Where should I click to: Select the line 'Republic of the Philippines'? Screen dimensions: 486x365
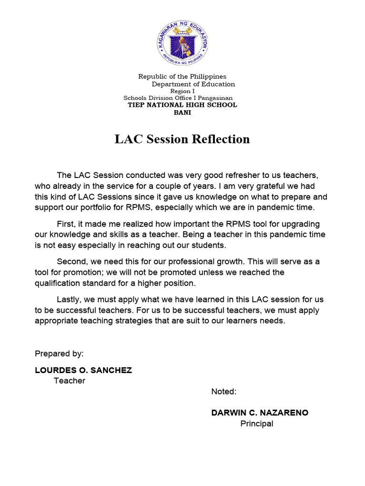point(182,76)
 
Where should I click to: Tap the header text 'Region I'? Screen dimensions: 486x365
point(182,91)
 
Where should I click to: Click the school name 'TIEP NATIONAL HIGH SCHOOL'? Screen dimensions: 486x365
point(182,105)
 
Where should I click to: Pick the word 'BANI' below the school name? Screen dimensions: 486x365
point(182,112)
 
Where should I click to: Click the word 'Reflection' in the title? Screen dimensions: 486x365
point(221,139)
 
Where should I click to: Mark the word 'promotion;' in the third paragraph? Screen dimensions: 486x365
point(84,272)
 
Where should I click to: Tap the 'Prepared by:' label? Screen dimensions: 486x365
point(59,354)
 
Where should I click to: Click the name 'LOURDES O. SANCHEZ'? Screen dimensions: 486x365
point(83,370)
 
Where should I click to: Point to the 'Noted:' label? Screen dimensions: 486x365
point(224,392)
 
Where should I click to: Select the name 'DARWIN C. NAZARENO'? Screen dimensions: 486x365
point(259,413)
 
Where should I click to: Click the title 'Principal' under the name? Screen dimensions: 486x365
point(257,424)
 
